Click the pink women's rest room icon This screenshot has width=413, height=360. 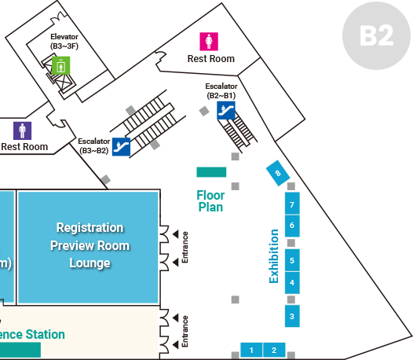(209, 42)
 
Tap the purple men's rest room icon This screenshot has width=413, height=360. (23, 130)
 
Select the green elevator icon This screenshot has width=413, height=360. (60, 65)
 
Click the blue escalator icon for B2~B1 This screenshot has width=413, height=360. (226, 110)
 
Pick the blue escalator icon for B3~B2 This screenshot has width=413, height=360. (121, 147)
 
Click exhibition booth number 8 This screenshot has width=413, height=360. (278, 173)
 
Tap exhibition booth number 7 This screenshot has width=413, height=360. (292, 204)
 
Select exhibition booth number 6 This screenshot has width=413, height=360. (292, 226)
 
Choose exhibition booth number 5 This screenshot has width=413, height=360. (292, 260)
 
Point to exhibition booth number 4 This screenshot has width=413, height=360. (292, 283)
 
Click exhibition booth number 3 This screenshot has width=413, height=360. (292, 316)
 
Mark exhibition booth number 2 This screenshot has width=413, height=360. (274, 350)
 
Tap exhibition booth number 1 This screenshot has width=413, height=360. (251, 350)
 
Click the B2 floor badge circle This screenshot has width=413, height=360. (376, 35)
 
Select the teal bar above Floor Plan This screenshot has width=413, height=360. (211, 172)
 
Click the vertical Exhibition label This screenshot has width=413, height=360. (274, 256)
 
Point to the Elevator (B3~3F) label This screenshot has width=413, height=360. (64, 42)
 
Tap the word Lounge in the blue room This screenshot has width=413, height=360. (90, 263)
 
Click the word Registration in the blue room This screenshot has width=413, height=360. (90, 228)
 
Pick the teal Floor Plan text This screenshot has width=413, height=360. (210, 201)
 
